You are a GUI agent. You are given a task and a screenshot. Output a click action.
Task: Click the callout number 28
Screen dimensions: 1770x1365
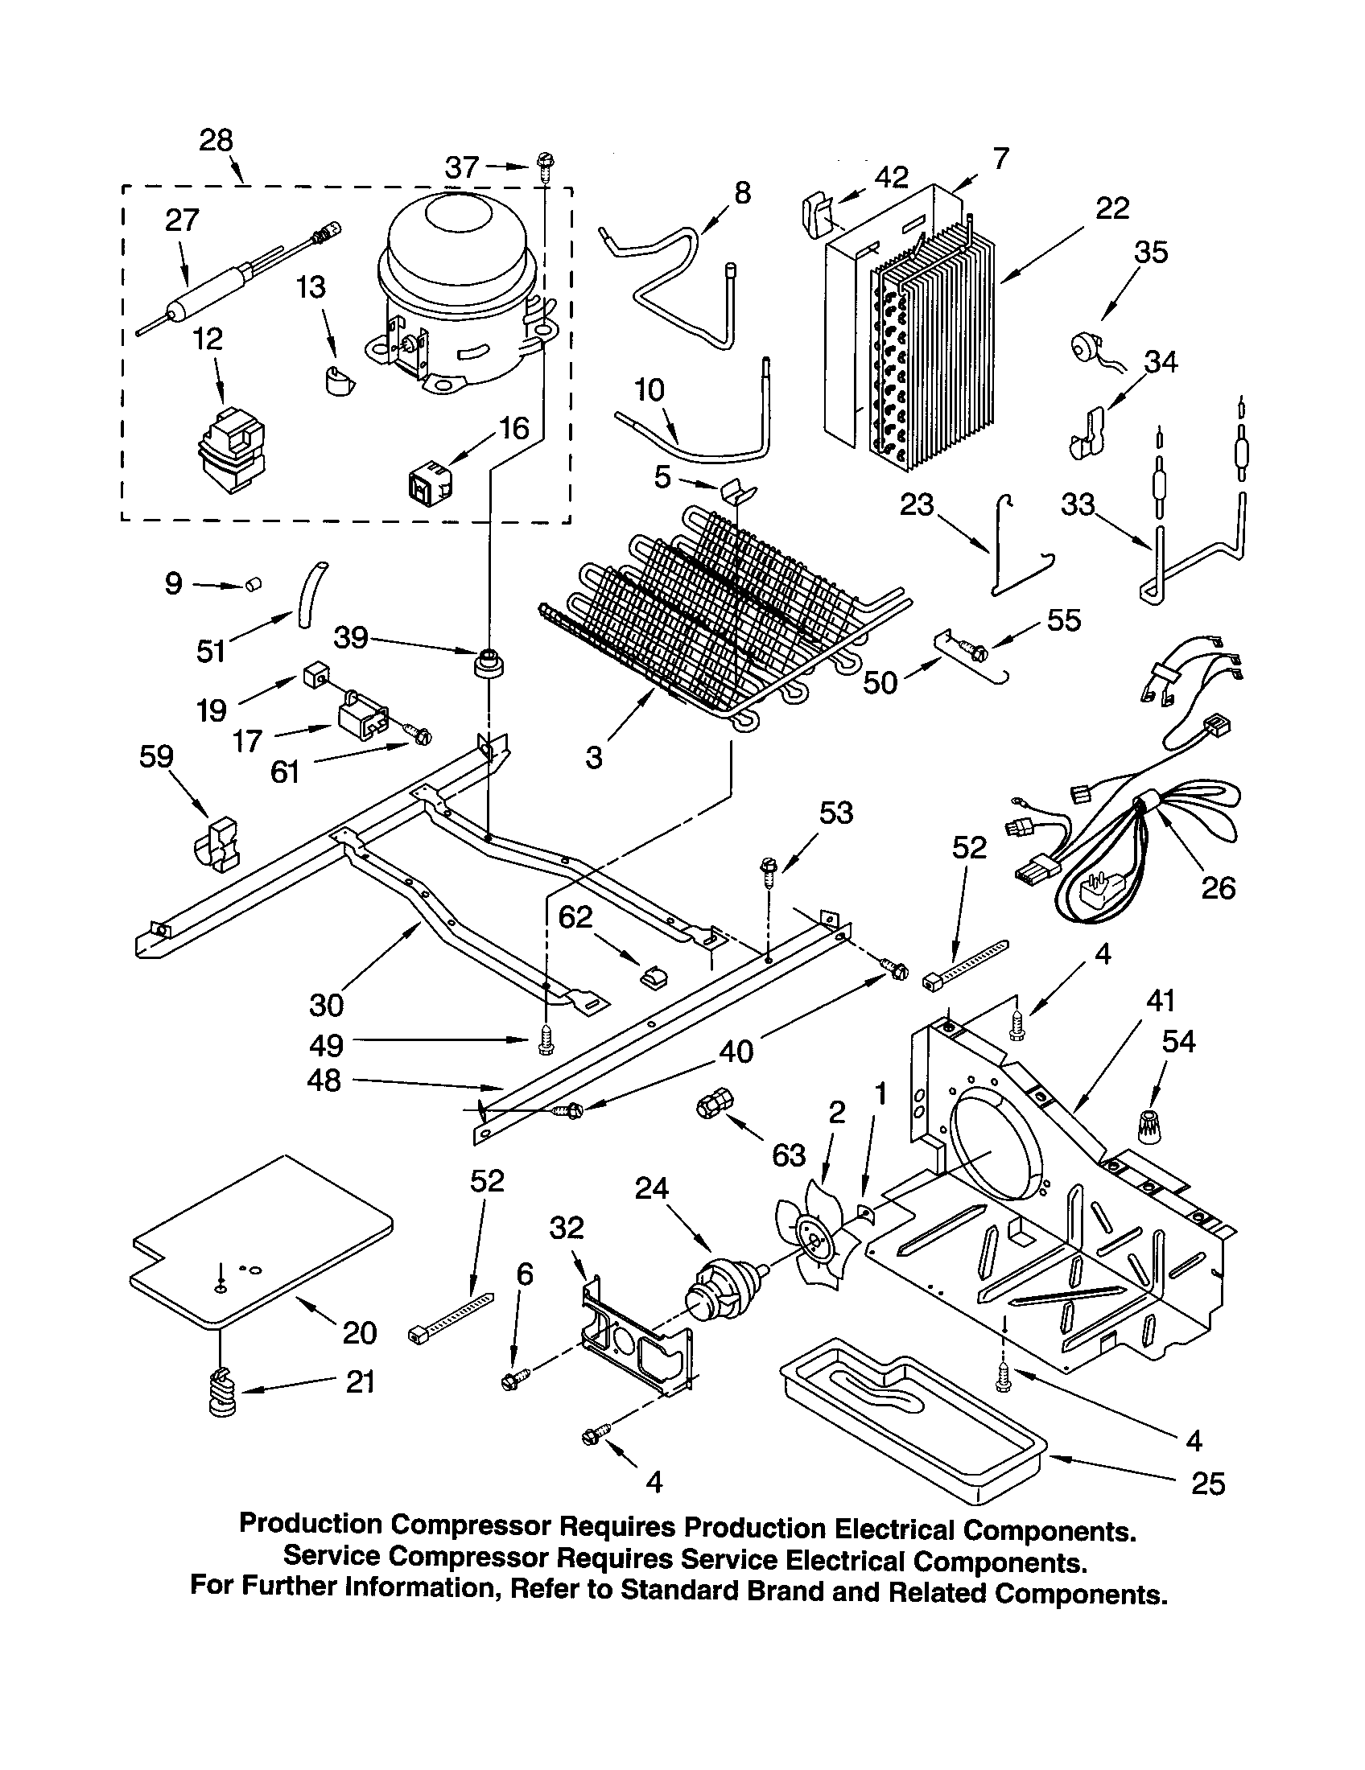(217, 140)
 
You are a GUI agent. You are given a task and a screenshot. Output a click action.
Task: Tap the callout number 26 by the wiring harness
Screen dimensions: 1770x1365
(1219, 888)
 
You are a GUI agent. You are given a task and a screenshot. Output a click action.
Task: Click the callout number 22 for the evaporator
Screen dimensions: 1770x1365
(1112, 208)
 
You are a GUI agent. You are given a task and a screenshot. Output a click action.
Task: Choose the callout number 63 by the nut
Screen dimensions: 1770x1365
(789, 1154)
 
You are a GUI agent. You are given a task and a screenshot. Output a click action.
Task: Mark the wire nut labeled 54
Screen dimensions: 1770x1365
(1147, 1128)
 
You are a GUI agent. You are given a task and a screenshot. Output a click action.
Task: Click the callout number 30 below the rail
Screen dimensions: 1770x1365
(327, 1005)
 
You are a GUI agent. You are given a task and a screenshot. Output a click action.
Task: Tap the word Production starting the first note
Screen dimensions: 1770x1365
(311, 1523)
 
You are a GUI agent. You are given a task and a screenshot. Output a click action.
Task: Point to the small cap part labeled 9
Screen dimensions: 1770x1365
(254, 584)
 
